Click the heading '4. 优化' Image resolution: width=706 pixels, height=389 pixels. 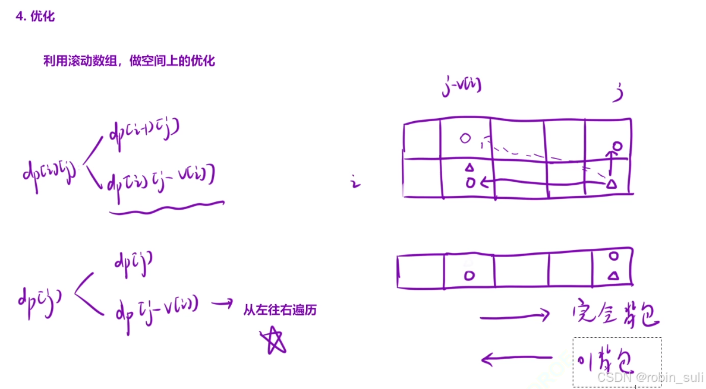tap(35, 17)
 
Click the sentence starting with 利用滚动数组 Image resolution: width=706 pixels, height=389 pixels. tap(128, 61)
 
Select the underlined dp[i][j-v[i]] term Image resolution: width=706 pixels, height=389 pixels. tap(160, 178)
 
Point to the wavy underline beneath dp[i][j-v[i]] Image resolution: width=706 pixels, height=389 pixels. tap(167, 205)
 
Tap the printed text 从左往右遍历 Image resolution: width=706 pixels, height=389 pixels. tap(279, 309)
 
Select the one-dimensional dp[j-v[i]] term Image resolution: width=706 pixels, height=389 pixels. tap(157, 308)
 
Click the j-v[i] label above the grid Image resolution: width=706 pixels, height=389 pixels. tap(462, 86)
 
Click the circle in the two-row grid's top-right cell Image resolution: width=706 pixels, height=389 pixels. tap(617, 145)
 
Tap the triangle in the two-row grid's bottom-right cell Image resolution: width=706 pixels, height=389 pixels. tap(611, 184)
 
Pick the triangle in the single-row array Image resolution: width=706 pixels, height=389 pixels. tap(614, 275)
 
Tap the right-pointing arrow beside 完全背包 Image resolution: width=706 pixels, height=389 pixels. tap(515, 317)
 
